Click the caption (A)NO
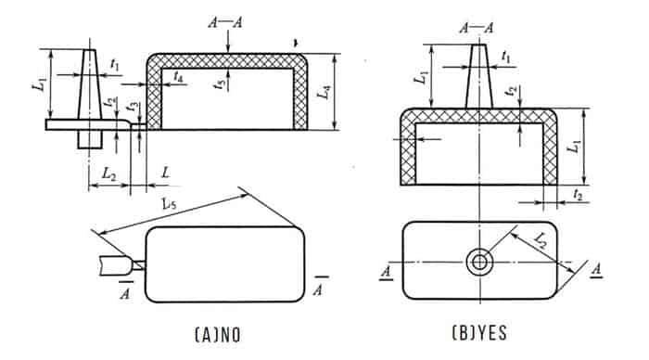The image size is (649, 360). tap(217, 335)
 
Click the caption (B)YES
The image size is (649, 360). tap(479, 333)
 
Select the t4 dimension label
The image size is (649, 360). tap(179, 76)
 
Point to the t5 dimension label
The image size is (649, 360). tap(220, 84)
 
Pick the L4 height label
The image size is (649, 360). tap(324, 92)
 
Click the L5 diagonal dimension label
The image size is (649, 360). tap(169, 203)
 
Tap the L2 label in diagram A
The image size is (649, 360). tap(108, 174)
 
